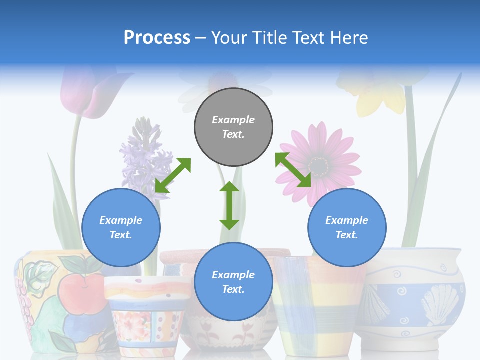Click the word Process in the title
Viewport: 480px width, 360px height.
coord(157,37)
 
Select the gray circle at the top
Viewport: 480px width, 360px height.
coord(233,127)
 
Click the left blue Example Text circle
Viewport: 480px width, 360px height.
coord(121,227)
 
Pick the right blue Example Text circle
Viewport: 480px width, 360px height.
coord(347,227)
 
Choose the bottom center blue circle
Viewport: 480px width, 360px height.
coord(233,282)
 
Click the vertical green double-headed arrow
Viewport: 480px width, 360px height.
coord(229,205)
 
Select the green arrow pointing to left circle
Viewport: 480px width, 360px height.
coord(173,175)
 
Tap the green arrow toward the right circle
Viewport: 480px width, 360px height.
coord(293,170)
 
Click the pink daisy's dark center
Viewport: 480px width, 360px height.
coord(318,164)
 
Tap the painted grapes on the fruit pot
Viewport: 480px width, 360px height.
coord(23,295)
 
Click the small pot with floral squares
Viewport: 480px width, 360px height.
coord(145,315)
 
